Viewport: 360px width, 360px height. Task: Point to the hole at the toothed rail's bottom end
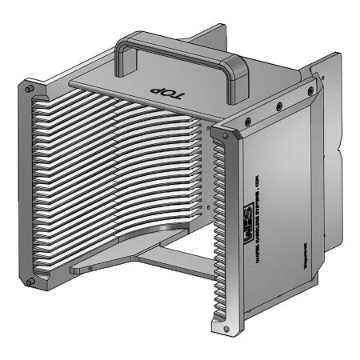coord(218,324)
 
